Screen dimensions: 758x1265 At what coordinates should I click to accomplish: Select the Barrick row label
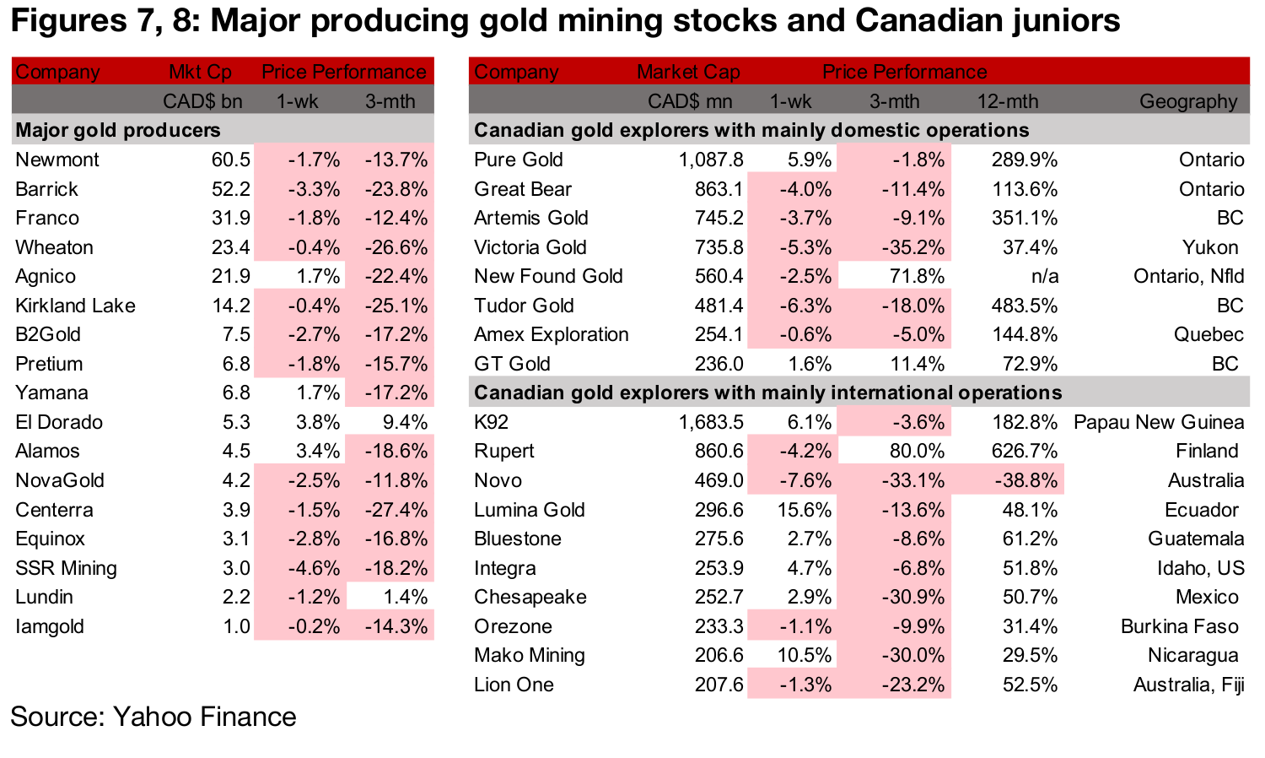click(x=46, y=189)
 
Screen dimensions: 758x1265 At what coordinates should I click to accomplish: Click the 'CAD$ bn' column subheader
click(x=202, y=101)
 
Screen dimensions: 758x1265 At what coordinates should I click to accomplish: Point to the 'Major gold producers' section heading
click(x=118, y=130)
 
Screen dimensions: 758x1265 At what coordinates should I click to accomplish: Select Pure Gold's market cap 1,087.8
click(x=711, y=160)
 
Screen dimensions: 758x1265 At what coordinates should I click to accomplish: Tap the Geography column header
click(x=1188, y=101)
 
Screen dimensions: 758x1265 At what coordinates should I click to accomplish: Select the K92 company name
click(x=491, y=422)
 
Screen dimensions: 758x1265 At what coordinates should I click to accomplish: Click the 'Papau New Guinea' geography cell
click(x=1158, y=422)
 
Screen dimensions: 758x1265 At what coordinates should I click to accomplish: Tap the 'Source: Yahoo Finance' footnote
click(x=153, y=717)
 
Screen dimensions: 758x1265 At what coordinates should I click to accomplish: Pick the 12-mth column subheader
click(x=1008, y=101)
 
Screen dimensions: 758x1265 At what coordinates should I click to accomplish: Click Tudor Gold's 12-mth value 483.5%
click(x=1025, y=306)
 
